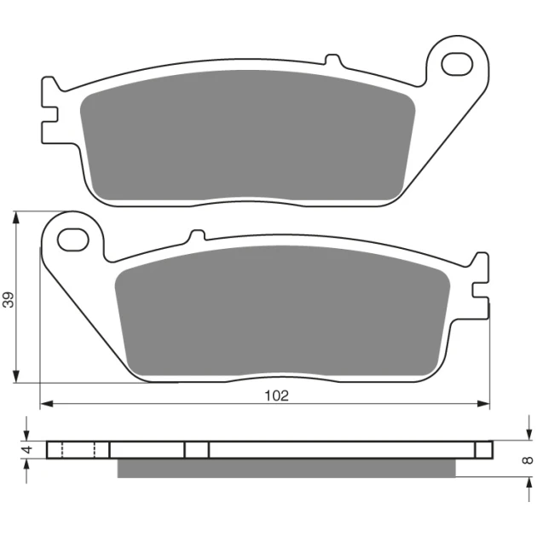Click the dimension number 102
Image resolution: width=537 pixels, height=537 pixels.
click(x=277, y=396)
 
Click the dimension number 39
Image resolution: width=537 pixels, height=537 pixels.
click(x=9, y=300)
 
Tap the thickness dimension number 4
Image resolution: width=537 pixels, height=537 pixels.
click(x=27, y=449)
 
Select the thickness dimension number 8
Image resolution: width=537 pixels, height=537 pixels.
click(x=528, y=460)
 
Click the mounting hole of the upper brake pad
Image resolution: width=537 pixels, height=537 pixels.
click(x=457, y=64)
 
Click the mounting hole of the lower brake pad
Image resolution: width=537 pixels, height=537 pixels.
click(x=73, y=240)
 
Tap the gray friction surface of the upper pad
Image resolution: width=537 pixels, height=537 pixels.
click(x=247, y=136)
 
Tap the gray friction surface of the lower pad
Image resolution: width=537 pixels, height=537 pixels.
click(x=282, y=311)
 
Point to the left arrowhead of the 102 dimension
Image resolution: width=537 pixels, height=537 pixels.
click(x=47, y=404)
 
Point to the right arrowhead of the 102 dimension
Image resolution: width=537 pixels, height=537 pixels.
click(x=483, y=404)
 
